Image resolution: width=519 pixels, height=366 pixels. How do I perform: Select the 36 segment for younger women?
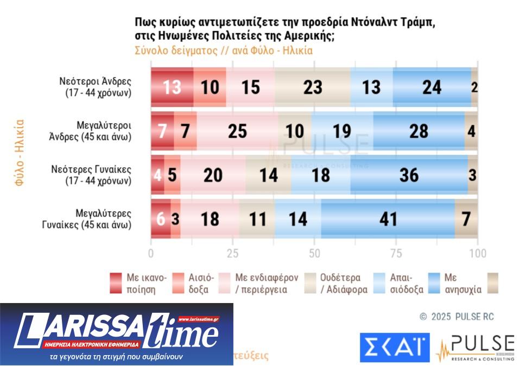[x=409, y=174]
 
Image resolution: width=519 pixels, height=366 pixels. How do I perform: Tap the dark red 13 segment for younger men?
[x=172, y=87]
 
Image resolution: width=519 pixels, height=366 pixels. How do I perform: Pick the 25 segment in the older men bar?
[x=237, y=131]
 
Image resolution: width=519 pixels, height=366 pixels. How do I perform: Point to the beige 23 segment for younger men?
[x=312, y=87]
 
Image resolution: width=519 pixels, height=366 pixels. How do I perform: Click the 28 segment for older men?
[x=419, y=131]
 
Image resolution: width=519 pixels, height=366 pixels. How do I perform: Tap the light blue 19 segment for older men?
[x=342, y=131]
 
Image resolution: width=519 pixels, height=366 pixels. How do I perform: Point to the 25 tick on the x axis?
[x=232, y=254]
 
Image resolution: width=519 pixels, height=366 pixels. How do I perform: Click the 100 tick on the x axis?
[x=478, y=254]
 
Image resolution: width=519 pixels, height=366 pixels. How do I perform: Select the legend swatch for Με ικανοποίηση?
[x=116, y=283]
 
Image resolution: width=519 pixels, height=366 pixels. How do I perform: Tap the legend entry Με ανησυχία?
[x=462, y=283]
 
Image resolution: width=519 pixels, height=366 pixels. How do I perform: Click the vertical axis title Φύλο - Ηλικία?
[x=20, y=153]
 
